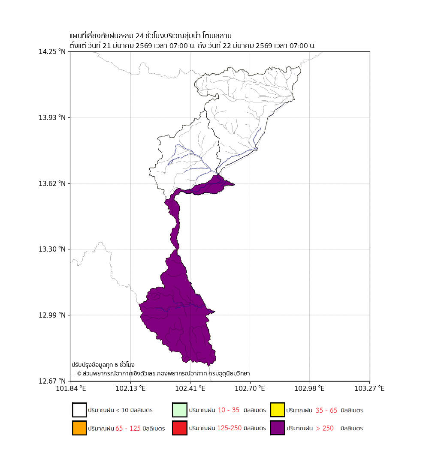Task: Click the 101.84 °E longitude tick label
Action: [71, 389]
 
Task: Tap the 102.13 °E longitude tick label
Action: [130, 389]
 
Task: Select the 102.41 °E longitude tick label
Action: [190, 389]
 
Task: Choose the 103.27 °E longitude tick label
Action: [369, 389]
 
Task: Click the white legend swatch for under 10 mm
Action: [79, 410]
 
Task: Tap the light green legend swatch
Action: [179, 410]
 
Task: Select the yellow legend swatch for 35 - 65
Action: [278, 410]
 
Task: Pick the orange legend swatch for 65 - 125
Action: [79, 428]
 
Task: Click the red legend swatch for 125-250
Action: [179, 428]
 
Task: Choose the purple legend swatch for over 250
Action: [278, 428]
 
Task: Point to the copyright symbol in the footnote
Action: [79, 374]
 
